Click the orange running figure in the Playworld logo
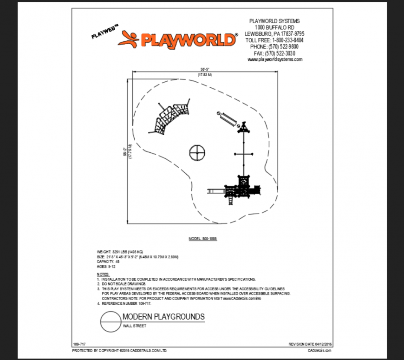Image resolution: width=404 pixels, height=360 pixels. (129, 39)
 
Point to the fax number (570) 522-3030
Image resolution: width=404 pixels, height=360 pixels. (274, 53)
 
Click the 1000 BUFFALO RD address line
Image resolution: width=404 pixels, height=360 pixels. (274, 27)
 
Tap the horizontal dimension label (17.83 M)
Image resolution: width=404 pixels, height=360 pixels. (204, 75)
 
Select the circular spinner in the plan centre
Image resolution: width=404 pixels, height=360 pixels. (197, 152)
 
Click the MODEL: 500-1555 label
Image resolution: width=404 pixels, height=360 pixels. (203, 239)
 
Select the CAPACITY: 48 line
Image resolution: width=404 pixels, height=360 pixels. (109, 261)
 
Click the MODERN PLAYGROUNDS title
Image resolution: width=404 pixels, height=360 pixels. (163, 317)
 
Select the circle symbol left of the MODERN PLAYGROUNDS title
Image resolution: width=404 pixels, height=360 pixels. (110, 321)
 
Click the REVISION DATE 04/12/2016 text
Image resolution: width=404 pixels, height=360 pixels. (310, 344)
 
